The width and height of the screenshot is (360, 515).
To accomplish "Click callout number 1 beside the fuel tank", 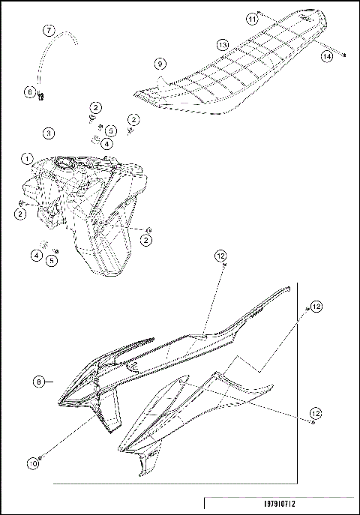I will pyautogui.click(x=26, y=159).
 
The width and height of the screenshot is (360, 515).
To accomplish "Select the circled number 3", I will pyautogui.click(x=48, y=133).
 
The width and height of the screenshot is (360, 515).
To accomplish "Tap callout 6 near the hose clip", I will pyautogui.click(x=30, y=91).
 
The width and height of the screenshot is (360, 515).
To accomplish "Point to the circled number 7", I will pyautogui.click(x=48, y=31).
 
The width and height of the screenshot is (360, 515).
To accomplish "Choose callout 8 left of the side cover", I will pyautogui.click(x=39, y=381).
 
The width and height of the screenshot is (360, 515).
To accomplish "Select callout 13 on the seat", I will pyautogui.click(x=223, y=46).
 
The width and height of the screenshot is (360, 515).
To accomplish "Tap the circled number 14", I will pyautogui.click(x=327, y=56).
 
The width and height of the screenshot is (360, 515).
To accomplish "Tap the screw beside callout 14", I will pyautogui.click(x=343, y=54).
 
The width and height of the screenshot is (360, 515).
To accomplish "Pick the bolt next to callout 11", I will pyautogui.click(x=259, y=13).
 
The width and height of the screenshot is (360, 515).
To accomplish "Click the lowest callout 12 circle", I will pyautogui.click(x=316, y=414).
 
